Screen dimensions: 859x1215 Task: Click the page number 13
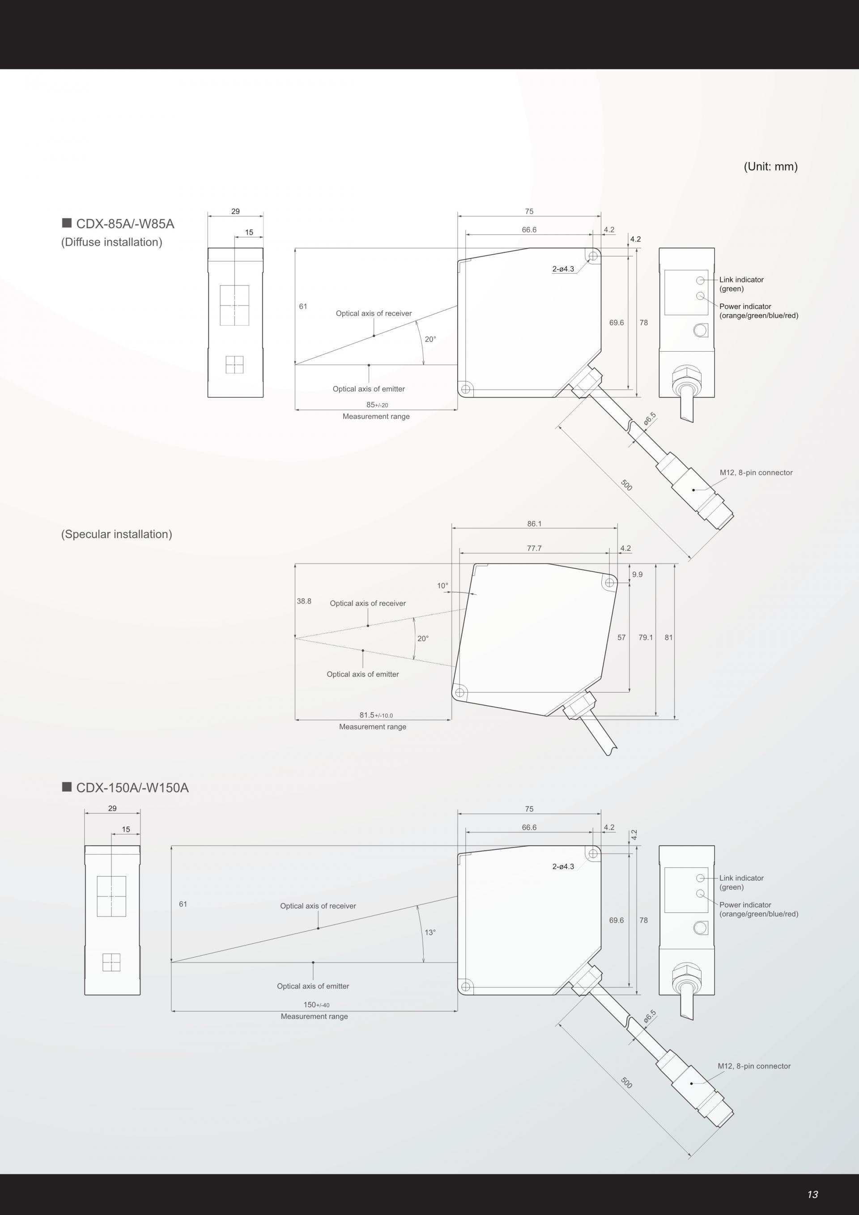click(812, 1194)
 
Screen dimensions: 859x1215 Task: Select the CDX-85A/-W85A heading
click(125, 224)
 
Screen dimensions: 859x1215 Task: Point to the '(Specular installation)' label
click(116, 534)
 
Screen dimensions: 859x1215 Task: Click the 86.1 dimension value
click(534, 524)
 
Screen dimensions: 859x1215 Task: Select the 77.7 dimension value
click(534, 548)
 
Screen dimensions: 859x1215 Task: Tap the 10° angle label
click(442, 586)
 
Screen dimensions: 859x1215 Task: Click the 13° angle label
click(430, 933)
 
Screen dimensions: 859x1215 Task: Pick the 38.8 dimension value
click(304, 601)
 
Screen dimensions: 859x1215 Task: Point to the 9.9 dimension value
click(638, 574)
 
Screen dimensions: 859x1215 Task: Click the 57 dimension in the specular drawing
click(621, 638)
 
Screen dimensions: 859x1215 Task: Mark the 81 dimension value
click(668, 638)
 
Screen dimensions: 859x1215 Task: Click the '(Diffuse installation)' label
click(111, 243)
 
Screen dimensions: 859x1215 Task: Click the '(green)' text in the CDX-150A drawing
click(731, 887)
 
